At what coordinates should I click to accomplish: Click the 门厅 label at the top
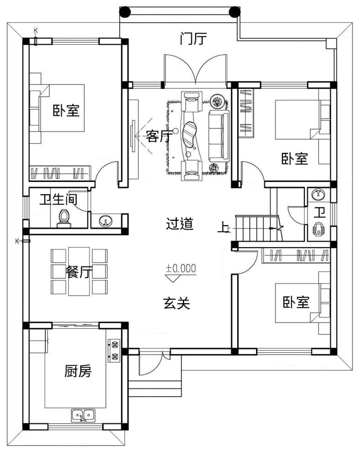(193, 39)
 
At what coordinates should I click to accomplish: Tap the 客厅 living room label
(159, 135)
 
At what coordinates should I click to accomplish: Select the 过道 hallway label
(180, 223)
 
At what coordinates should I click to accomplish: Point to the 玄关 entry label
(177, 303)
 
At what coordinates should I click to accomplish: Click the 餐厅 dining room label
(79, 271)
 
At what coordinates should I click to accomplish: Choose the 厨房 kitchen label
(78, 371)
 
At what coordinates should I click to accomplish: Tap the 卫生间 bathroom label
(58, 199)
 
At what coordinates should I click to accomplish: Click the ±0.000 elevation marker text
(181, 268)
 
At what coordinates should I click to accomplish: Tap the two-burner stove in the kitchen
(114, 350)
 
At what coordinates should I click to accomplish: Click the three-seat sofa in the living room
(219, 136)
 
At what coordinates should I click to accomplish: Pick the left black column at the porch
(125, 12)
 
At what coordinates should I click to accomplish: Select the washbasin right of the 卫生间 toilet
(105, 221)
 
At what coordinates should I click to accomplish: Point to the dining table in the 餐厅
(79, 271)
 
